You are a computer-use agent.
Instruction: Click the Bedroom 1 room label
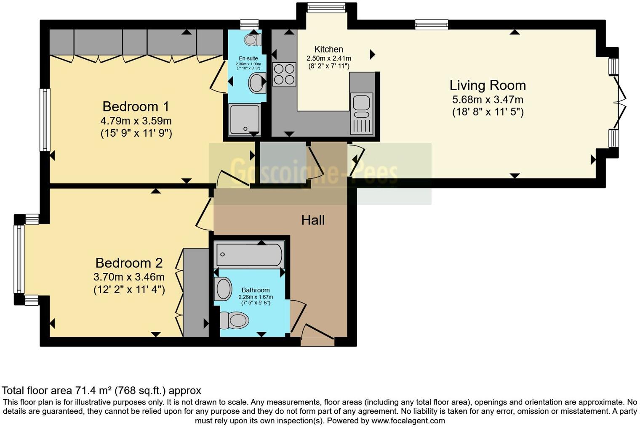pyautogui.click(x=136, y=106)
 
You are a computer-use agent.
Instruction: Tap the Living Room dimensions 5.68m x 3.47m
pyautogui.click(x=488, y=100)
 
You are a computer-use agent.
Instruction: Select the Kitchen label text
pyautogui.click(x=328, y=49)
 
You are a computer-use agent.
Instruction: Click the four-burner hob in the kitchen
pyautogui.click(x=284, y=74)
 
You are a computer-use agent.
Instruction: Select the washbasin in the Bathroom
pyautogui.click(x=223, y=289)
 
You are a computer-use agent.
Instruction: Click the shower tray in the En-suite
pyautogui.click(x=244, y=119)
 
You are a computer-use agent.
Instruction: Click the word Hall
pyautogui.click(x=313, y=220)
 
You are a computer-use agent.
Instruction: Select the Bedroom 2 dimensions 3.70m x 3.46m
pyautogui.click(x=129, y=277)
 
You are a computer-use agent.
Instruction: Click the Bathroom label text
pyautogui.click(x=256, y=290)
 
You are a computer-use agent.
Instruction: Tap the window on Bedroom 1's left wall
pyautogui.click(x=45, y=119)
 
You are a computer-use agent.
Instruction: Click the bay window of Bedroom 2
pyautogui.click(x=19, y=259)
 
